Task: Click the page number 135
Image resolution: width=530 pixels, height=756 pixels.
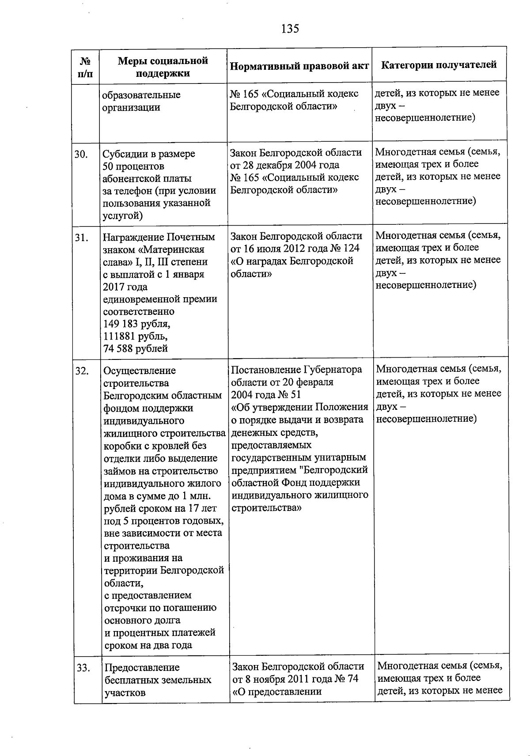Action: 290,29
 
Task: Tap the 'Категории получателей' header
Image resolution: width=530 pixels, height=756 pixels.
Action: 439,65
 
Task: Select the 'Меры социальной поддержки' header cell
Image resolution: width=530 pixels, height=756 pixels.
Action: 163,67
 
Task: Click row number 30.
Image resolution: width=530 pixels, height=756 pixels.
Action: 82,154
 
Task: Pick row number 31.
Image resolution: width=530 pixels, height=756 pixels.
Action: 82,238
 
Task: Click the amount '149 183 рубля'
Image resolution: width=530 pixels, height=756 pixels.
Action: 136,324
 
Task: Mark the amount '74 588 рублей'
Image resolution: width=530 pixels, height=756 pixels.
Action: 135,348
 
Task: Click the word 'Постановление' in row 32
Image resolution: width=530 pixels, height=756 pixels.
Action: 266,370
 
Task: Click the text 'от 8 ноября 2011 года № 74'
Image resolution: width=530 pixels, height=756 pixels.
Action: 295,679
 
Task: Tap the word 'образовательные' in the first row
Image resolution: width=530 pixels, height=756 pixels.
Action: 141,95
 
